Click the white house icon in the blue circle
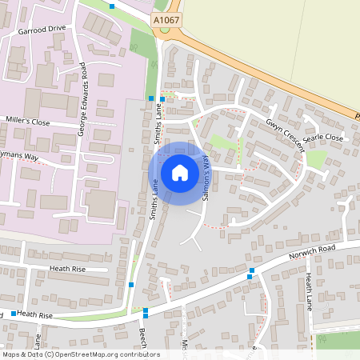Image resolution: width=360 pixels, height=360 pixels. pos(179,172)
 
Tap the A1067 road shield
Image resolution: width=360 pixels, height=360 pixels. pos(166,18)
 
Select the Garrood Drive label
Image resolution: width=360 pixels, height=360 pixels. pos(42,29)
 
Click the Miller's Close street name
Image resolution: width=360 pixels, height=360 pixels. pos(27,122)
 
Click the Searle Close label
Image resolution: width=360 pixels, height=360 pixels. pos(322,138)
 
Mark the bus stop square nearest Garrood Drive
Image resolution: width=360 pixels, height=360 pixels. pos(112,6)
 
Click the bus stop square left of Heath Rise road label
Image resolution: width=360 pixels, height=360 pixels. pos(14,314)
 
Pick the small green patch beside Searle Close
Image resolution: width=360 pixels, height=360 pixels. pos(316,158)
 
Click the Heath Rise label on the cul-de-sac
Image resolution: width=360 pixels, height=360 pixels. pos(67,270)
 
